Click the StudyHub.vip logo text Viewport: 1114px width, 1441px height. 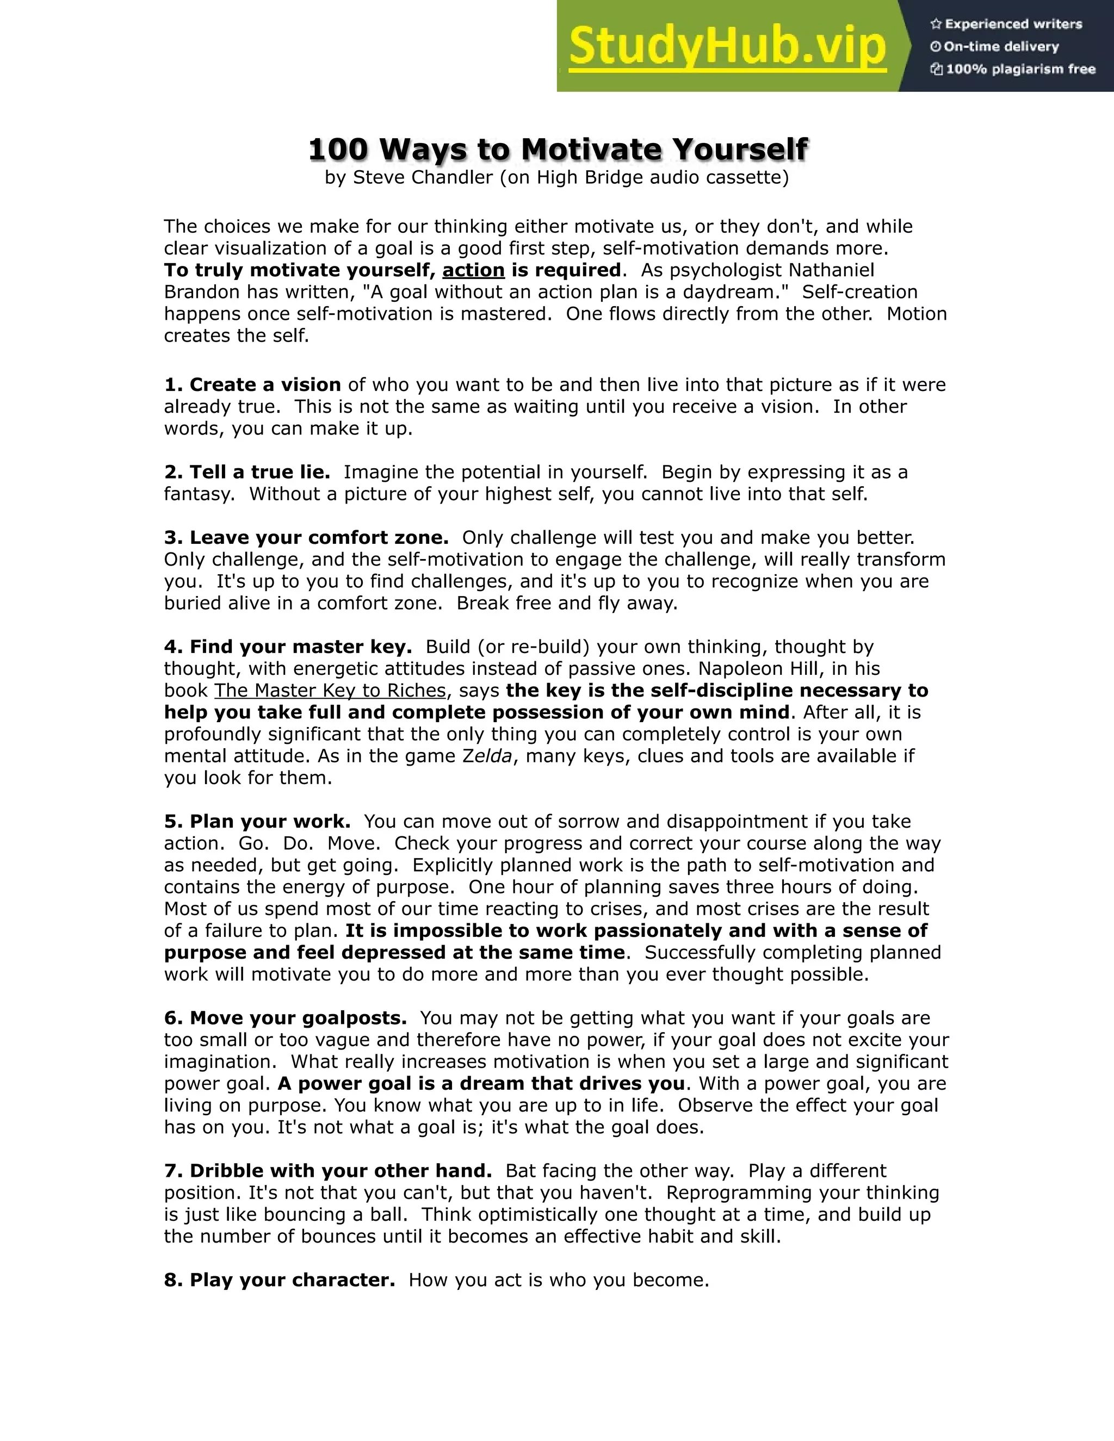(727, 46)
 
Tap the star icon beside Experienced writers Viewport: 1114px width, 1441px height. (936, 24)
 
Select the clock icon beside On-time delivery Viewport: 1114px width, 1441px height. (936, 47)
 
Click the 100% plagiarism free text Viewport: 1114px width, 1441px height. (1020, 69)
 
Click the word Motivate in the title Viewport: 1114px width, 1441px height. (590, 149)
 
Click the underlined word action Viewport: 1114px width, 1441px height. (473, 270)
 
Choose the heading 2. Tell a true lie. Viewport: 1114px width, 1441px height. (247, 472)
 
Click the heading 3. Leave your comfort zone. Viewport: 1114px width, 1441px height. (306, 537)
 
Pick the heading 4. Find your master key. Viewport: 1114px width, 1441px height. (288, 647)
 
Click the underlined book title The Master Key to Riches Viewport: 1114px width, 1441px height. (330, 690)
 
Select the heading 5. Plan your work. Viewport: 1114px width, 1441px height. (257, 822)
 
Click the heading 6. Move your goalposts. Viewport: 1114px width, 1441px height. (285, 1018)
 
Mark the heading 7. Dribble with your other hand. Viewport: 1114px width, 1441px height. (328, 1171)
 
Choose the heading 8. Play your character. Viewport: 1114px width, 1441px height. (279, 1280)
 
